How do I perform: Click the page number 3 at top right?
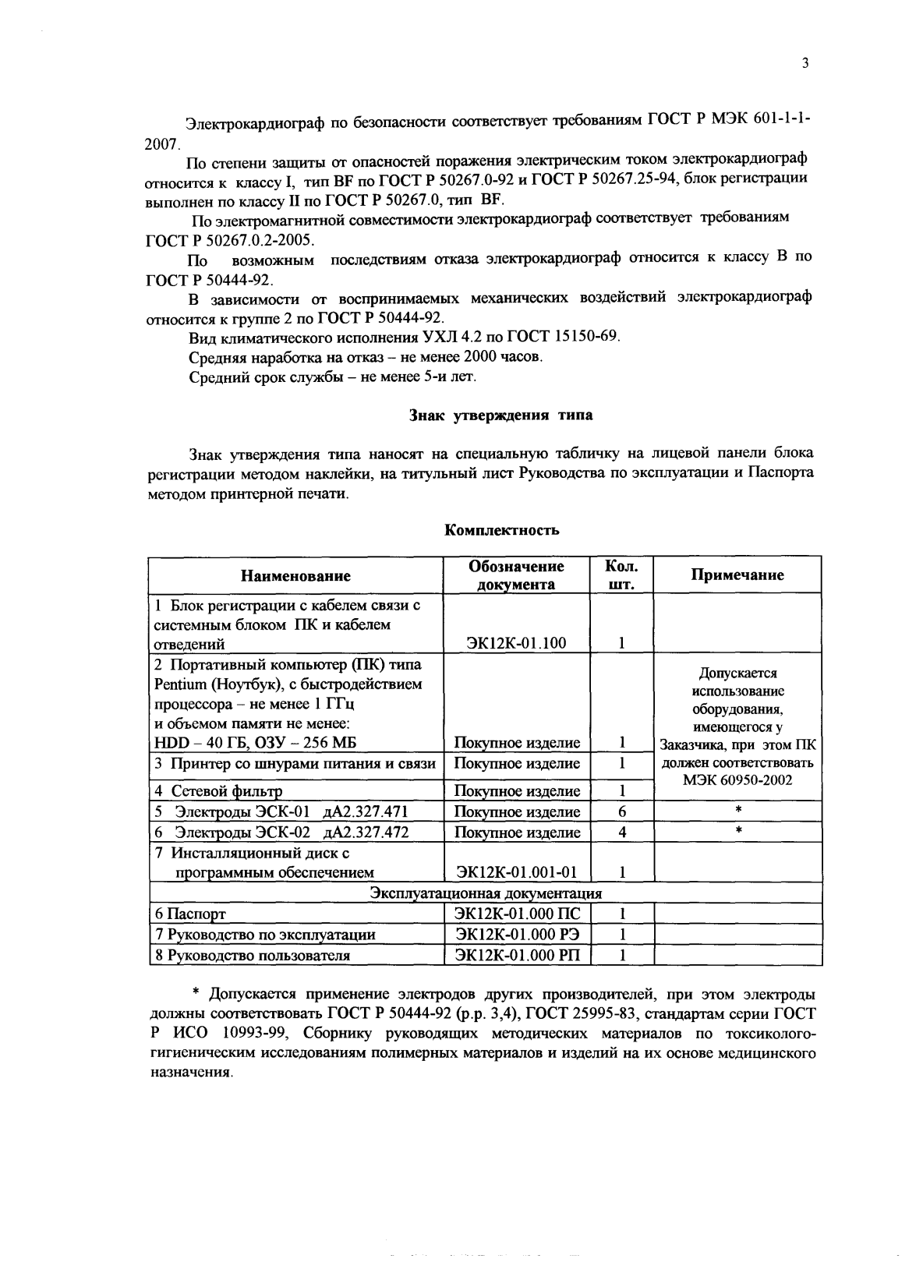(804, 64)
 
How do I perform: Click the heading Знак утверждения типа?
(500, 415)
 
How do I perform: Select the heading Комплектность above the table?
(501, 531)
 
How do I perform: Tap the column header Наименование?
(295, 576)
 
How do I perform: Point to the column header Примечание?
(737, 575)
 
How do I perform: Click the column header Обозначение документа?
(516, 575)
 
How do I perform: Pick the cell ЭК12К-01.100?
(516, 643)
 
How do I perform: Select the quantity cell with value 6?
(622, 811)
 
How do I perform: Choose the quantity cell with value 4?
(622, 833)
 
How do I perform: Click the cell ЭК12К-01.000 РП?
(516, 955)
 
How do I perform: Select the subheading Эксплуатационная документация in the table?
(485, 893)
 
